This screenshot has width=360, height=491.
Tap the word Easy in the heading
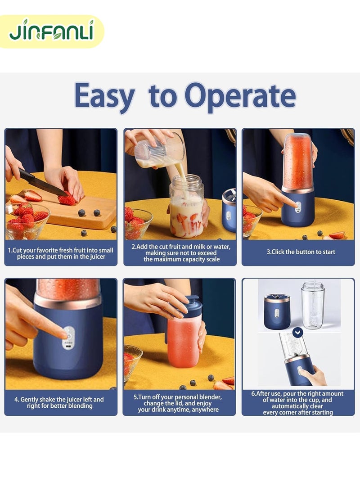(104, 96)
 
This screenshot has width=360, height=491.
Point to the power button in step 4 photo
(68, 334)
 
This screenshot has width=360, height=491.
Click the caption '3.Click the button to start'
(301, 252)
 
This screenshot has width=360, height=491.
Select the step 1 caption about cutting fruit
(61, 253)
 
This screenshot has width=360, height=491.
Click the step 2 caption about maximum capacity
(180, 253)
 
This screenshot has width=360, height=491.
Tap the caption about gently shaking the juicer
(61, 402)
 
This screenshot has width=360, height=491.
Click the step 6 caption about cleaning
(297, 403)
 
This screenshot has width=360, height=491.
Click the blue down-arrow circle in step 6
(297, 333)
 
